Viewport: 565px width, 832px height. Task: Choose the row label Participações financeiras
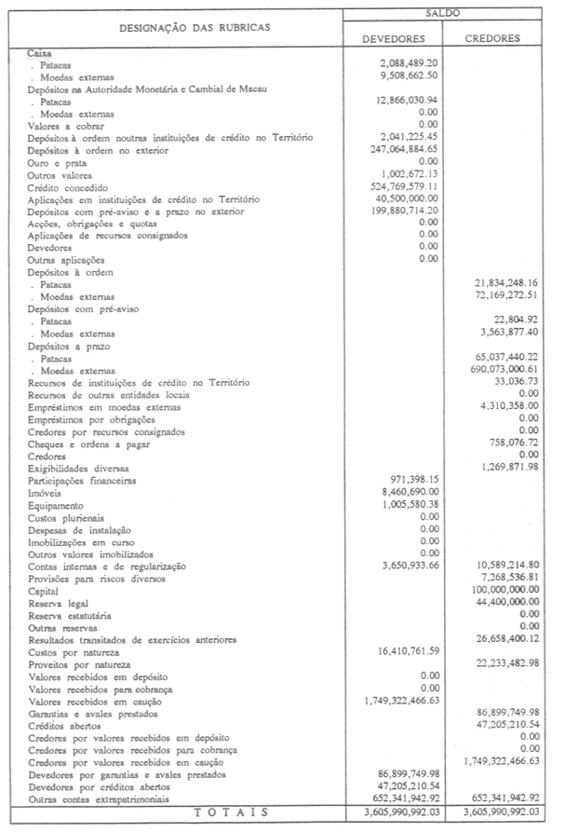pos(82,481)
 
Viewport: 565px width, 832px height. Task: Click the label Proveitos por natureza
pos(80,663)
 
